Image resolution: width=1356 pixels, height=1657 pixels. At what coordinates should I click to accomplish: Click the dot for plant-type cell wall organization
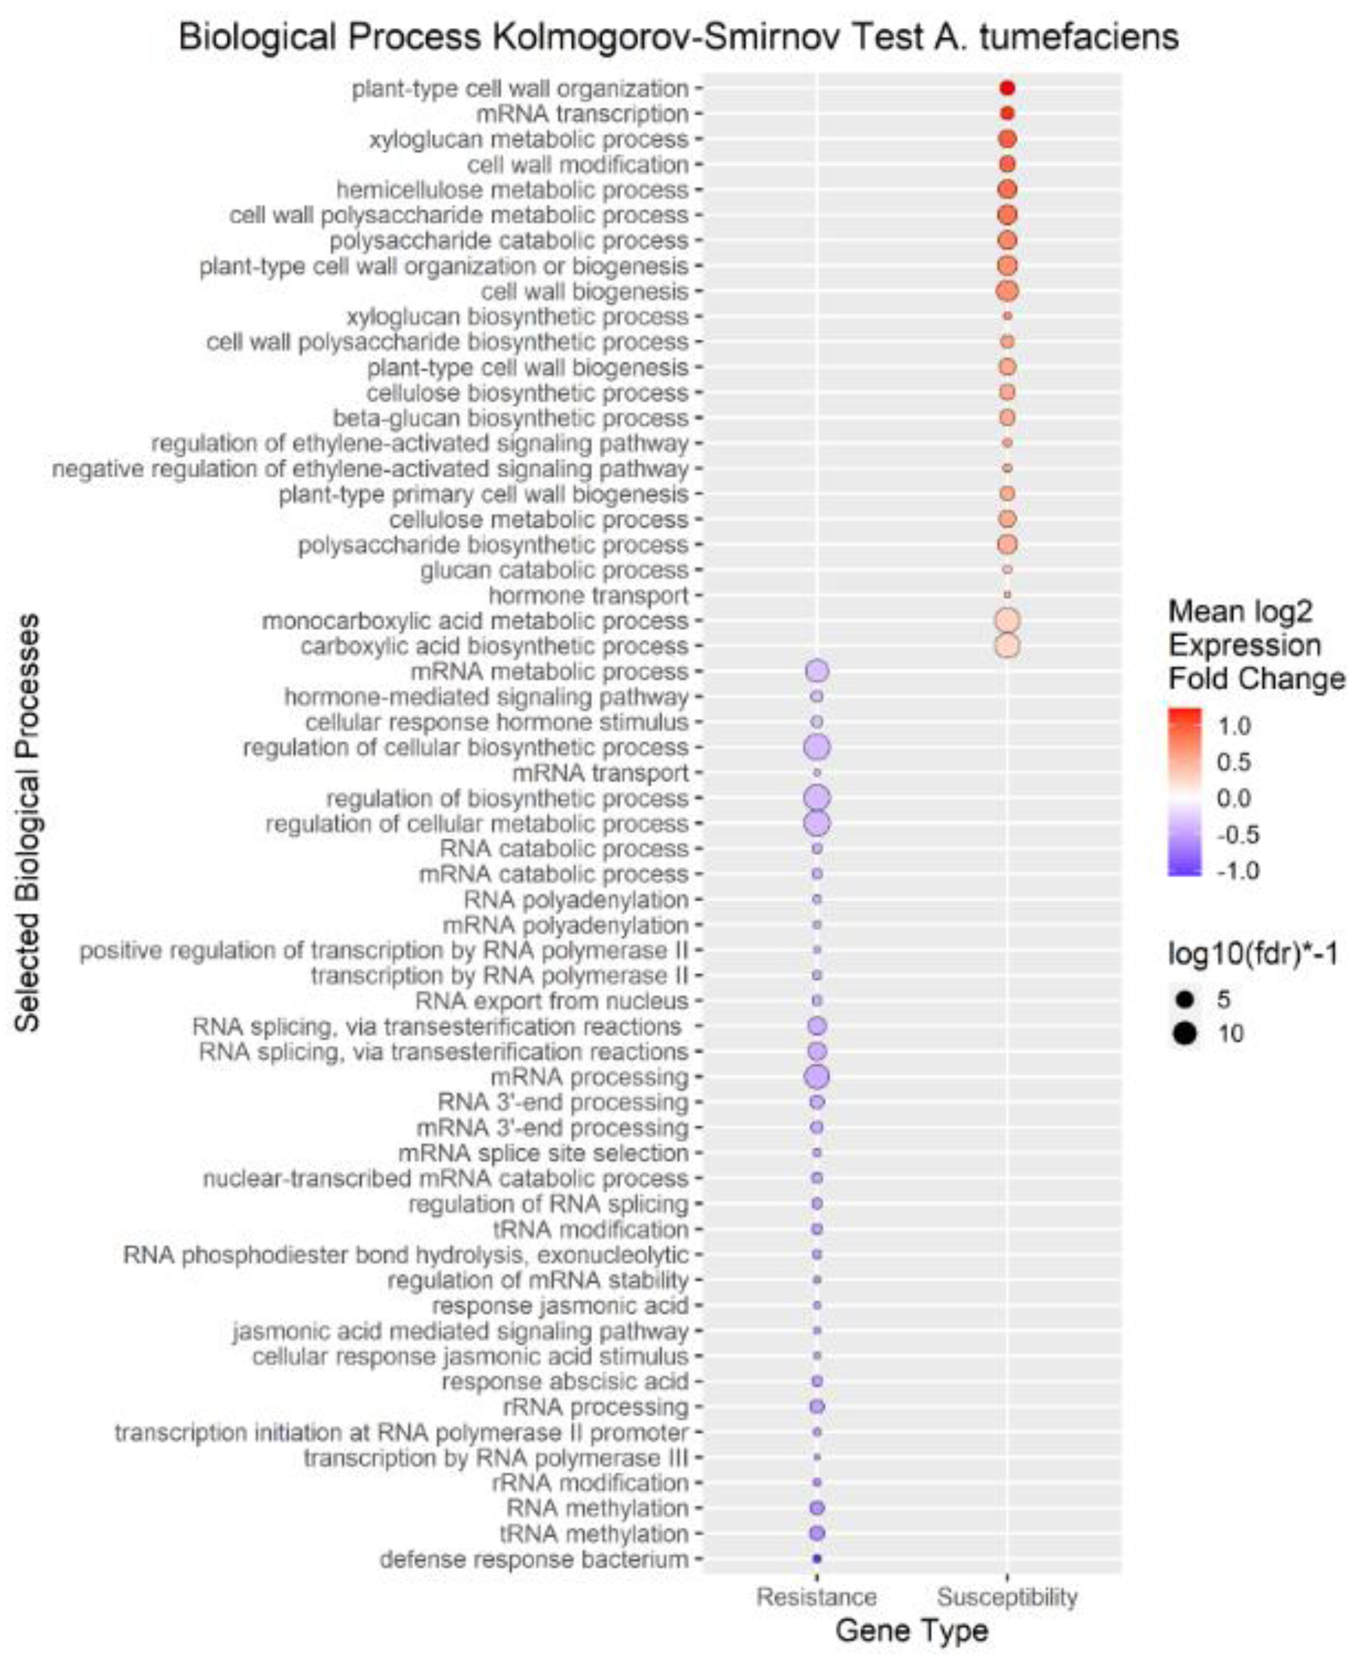(1007, 88)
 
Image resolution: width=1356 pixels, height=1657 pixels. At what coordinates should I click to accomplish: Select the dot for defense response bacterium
(817, 1559)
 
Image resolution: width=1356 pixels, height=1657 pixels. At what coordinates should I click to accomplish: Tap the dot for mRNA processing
(817, 1076)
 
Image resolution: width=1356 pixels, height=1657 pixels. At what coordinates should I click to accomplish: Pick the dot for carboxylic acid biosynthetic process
(1007, 646)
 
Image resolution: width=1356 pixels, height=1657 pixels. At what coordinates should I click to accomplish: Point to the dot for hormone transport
(1007, 595)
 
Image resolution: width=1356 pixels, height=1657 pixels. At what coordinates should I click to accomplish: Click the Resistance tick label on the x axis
(816, 1597)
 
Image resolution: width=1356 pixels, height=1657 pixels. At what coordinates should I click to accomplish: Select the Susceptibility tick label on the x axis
(1007, 1597)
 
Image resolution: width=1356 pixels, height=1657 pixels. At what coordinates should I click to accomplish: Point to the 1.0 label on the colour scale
(1234, 726)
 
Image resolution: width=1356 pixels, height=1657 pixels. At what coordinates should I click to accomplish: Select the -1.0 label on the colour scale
(1238, 870)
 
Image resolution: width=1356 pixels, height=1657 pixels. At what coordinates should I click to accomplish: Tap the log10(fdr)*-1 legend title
(1252, 953)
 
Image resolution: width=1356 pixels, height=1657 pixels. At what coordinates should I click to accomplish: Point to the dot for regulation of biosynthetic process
(817, 798)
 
